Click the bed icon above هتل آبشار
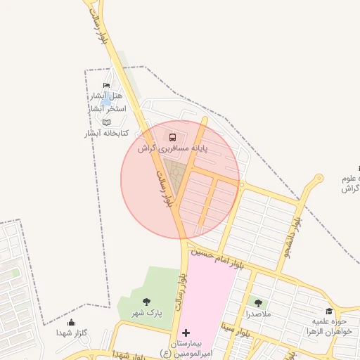tap(107, 86)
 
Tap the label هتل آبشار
tap(107, 96)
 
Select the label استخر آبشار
tap(106, 109)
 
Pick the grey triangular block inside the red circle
tap(174, 173)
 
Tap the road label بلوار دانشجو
tap(290, 235)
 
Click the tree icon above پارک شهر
tap(146, 302)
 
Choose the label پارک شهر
tap(146, 314)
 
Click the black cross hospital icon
tap(186, 332)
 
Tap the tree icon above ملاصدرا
tap(258, 303)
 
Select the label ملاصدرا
tap(258, 314)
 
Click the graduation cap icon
tap(329, 311)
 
